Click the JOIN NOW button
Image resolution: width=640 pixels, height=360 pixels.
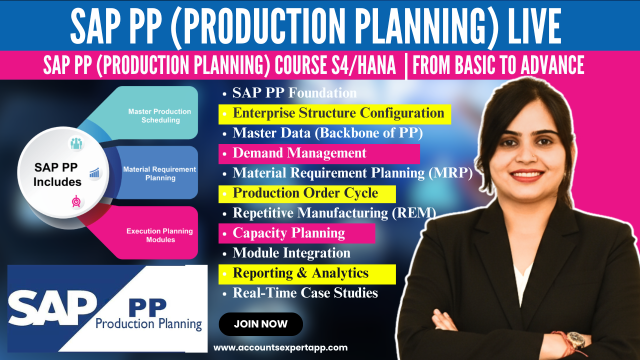click(260, 324)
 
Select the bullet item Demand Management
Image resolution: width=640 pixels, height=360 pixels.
click(299, 153)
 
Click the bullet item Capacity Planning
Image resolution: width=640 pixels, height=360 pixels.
click(288, 233)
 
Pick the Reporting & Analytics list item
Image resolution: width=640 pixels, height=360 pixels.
click(300, 273)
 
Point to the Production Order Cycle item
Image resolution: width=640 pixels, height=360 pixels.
click(305, 193)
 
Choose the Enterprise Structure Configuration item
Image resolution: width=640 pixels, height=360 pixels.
click(338, 113)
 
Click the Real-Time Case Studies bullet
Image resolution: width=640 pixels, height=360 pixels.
click(305, 293)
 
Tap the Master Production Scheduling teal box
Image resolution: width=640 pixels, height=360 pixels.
click(159, 115)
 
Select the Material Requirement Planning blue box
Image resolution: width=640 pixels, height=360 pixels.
click(159, 173)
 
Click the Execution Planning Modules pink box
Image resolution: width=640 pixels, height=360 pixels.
click(159, 235)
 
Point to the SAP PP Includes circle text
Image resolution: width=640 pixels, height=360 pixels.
click(57, 174)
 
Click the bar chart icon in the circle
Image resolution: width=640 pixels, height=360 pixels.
click(94, 173)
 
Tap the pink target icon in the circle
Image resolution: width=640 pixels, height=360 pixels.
click(76, 201)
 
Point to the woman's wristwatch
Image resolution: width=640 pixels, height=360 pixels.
click(576, 340)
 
